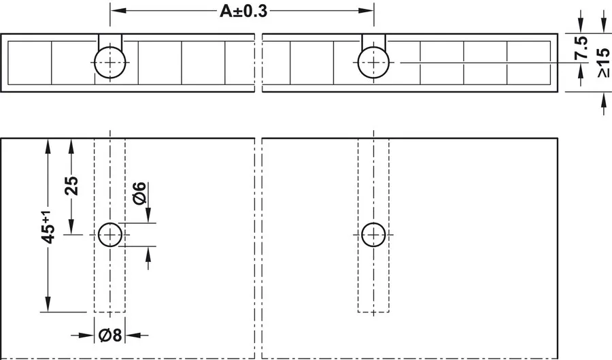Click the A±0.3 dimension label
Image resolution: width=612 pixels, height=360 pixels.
click(x=243, y=11)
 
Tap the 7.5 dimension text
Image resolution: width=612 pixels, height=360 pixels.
click(x=581, y=48)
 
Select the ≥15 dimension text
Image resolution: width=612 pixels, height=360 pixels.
click(x=603, y=62)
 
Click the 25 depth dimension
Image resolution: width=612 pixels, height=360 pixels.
click(x=71, y=186)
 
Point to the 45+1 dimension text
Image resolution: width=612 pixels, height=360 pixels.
click(x=48, y=227)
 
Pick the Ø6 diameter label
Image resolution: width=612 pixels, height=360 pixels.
click(x=139, y=193)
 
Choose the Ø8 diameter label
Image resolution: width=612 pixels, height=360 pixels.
click(x=110, y=335)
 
